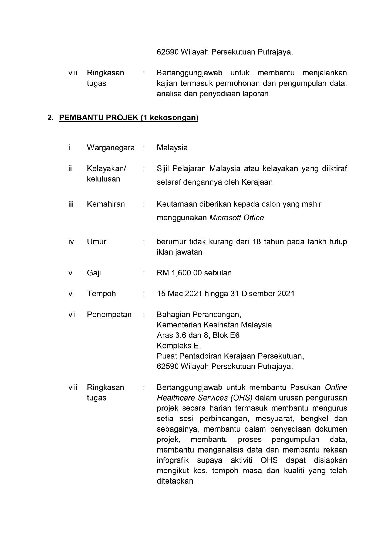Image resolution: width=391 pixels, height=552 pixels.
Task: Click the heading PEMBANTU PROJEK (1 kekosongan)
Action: (x=129, y=118)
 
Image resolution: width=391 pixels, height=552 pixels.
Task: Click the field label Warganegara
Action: (x=111, y=148)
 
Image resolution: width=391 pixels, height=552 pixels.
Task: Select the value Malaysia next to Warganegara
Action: (x=172, y=148)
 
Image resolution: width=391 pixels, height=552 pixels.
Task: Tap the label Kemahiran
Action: (x=106, y=204)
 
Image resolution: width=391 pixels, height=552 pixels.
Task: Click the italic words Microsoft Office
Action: (x=237, y=218)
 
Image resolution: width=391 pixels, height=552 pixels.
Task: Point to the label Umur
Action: (x=96, y=242)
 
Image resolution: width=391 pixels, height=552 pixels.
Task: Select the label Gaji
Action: (x=94, y=273)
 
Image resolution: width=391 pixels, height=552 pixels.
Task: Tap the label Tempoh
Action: (x=101, y=294)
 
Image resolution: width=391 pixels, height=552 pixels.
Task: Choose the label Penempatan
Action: (x=109, y=315)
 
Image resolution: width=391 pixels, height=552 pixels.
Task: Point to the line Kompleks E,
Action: (x=179, y=346)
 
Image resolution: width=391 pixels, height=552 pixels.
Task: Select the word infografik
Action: (x=173, y=460)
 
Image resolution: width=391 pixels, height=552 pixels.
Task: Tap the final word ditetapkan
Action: (x=175, y=481)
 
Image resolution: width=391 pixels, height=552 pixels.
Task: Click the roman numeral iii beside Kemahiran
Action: (x=71, y=204)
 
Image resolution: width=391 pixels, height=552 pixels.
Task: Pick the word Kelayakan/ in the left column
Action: (x=106, y=169)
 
